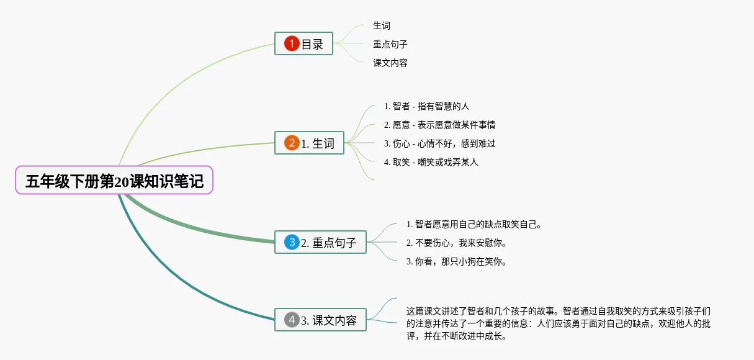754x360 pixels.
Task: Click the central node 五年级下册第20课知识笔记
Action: [114, 181]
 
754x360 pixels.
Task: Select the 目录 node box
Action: [303, 43]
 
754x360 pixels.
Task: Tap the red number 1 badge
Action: [292, 43]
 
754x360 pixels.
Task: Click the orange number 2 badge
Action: [292, 143]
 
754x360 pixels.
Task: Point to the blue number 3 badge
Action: [292, 242]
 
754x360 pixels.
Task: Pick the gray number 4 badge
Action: [292, 320]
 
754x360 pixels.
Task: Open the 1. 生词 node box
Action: [309, 143]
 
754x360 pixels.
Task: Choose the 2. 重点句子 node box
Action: [320, 242]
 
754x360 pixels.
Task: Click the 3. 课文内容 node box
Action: [320, 320]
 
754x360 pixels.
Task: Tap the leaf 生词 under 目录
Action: [382, 25]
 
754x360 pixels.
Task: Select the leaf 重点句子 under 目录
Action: [390, 44]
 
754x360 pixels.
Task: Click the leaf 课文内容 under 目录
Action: [390, 63]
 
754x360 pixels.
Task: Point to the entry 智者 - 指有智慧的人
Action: [426, 106]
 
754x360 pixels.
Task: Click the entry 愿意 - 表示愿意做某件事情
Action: [439, 125]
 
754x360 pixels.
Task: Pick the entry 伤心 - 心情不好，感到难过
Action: [439, 143]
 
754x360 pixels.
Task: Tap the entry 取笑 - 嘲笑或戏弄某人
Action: [431, 162]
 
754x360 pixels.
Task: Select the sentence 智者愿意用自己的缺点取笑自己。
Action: [474, 224]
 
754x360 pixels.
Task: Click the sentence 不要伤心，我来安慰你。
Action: [457, 243]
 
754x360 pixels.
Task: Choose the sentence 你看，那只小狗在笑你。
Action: [457, 261]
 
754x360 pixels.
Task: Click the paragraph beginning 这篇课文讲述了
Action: [559, 323]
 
